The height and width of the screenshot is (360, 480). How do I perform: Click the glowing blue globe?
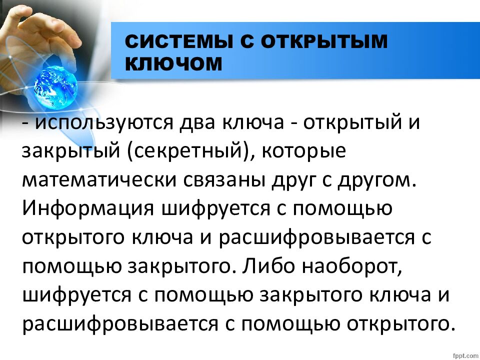[54, 85]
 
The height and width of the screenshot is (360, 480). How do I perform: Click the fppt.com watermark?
[464, 354]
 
